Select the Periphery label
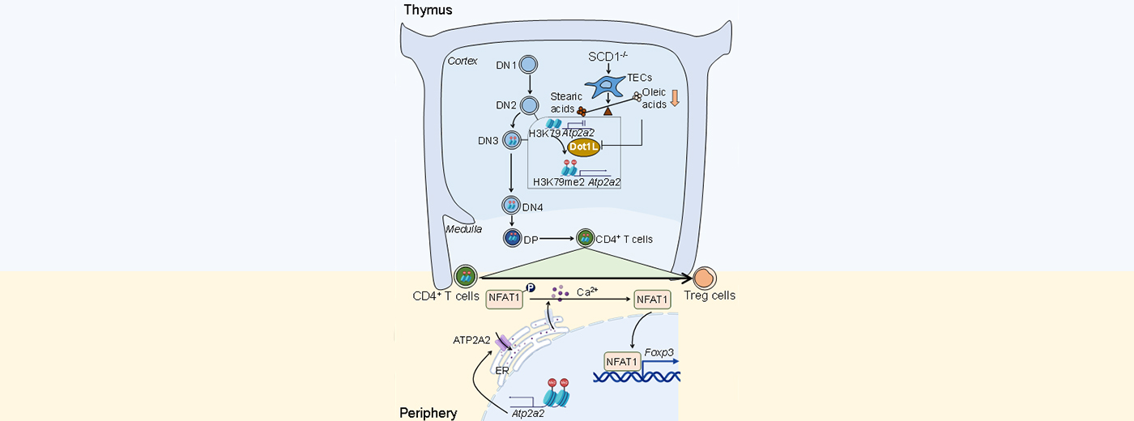click(x=428, y=413)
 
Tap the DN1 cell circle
click(x=528, y=65)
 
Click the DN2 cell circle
click(x=529, y=105)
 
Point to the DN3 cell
click(x=512, y=141)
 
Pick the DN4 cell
click(x=512, y=206)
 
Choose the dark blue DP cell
click(x=512, y=238)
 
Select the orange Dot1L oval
click(x=582, y=146)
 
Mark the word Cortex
click(x=462, y=61)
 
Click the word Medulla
click(x=464, y=229)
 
